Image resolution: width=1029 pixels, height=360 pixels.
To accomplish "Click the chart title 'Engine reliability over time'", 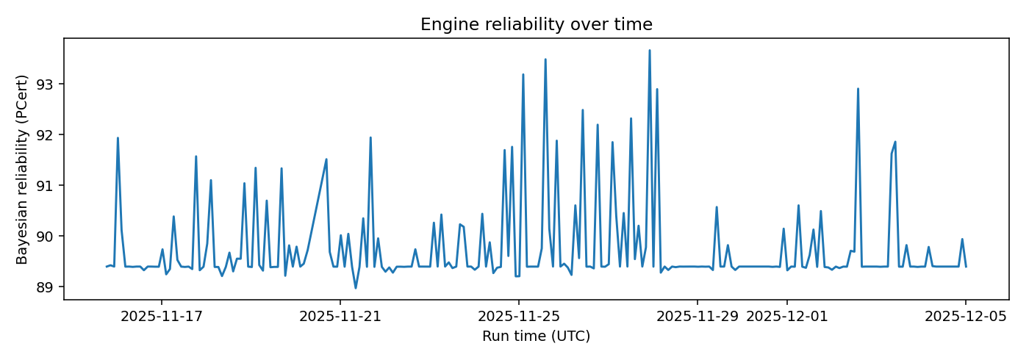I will pyautogui.click(x=536, y=24).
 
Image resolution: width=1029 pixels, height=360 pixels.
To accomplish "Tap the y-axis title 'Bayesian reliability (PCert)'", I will pyautogui.click(x=23, y=169).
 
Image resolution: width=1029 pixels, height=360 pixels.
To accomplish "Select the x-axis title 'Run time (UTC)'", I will pyautogui.click(x=536, y=336).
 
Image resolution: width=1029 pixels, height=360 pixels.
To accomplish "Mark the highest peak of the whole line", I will pyautogui.click(x=650, y=50).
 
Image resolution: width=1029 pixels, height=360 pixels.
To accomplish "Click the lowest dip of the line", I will pyautogui.click(x=356, y=288).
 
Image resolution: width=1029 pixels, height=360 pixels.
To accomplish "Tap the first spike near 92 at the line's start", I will pyautogui.click(x=118, y=138).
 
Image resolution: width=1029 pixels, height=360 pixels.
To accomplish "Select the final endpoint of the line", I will pyautogui.click(x=966, y=266).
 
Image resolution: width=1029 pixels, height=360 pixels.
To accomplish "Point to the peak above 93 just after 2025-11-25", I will pyautogui.click(x=523, y=74).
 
